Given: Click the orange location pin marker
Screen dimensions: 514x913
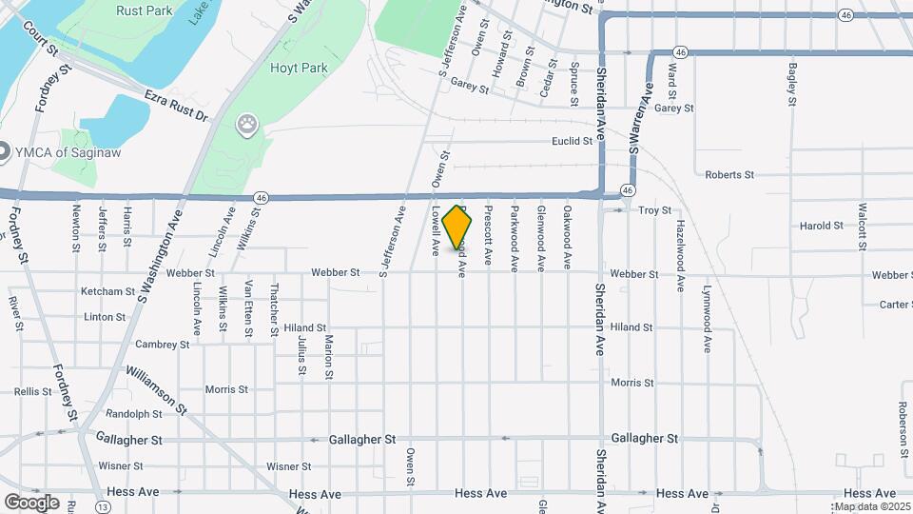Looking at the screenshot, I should pos(457,227).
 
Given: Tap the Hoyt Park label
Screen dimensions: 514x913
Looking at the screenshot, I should pos(300,69).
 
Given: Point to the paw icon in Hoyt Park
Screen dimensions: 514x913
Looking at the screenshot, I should pos(248,123).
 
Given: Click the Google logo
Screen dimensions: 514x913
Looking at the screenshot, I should pos(31,502).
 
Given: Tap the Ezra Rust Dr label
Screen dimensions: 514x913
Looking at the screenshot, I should pos(175,106).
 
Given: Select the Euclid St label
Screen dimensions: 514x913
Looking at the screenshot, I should pos(572,142).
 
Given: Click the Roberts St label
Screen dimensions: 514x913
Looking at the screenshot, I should pos(728,175).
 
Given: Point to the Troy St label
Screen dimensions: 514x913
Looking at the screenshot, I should pos(654,210).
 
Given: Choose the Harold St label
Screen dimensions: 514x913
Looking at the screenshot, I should pos(821,227).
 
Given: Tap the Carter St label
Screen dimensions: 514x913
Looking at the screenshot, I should pos(895,305).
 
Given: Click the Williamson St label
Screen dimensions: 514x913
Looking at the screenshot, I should pos(155,390).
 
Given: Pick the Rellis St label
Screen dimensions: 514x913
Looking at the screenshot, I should pos(32,391).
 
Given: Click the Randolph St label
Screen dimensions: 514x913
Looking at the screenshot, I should pos(134,414).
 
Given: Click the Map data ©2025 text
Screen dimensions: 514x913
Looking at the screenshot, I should pos(870,506).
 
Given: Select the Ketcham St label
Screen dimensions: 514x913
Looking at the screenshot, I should pos(107,291).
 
